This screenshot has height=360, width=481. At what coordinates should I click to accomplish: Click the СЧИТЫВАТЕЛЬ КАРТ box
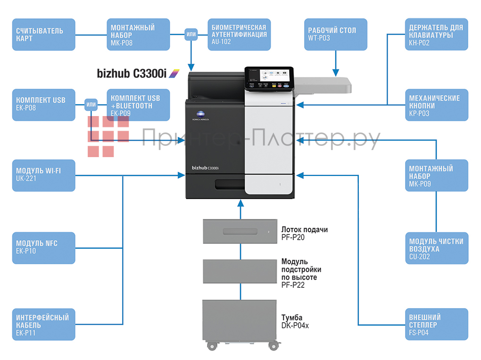43,34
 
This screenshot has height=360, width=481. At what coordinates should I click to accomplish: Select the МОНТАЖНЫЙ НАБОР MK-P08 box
138,34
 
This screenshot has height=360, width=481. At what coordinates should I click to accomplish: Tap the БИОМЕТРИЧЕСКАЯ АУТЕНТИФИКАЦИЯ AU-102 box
239,34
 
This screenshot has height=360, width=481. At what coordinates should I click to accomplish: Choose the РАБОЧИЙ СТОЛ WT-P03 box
335,34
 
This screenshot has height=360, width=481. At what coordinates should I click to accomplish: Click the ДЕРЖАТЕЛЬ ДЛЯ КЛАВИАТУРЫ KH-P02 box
436,34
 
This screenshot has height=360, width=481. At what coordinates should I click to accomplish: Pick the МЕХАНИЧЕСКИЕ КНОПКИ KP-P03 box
436,105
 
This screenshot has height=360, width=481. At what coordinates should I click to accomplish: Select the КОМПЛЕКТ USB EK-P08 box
43,105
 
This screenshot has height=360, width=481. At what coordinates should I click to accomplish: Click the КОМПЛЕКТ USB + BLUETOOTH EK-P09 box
138,105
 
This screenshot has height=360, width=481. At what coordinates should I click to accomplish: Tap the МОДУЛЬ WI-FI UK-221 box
43,175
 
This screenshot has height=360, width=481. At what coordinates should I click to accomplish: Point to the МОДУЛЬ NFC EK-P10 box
43,248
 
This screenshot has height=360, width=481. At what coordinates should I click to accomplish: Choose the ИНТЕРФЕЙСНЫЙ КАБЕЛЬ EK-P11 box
43,324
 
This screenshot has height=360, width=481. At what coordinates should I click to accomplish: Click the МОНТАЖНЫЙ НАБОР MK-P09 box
436,175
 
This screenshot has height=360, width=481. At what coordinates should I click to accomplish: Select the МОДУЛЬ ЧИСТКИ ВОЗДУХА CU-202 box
436,248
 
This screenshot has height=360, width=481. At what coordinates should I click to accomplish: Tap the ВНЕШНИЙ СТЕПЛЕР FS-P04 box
436,324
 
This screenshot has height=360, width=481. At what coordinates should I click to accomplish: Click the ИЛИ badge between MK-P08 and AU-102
191,34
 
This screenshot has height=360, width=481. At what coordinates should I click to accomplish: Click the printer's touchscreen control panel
269,77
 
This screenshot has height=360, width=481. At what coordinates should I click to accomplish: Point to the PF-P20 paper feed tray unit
240,231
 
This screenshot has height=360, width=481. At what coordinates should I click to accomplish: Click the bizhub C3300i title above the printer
138,73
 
